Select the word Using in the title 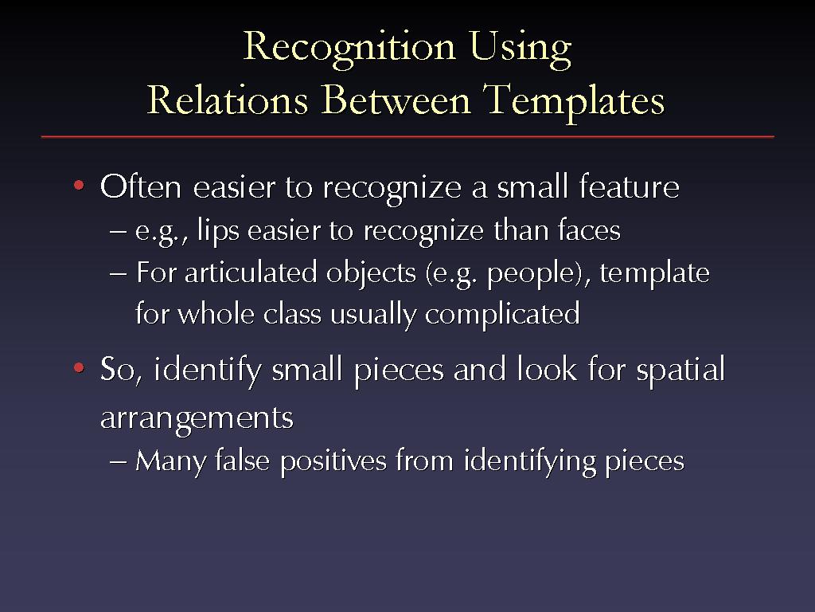point(521,49)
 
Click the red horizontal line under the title point(407,136)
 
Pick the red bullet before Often point(79,185)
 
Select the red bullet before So point(79,368)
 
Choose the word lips point(218,230)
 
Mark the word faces point(589,229)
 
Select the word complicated point(502,315)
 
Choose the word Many point(171,461)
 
